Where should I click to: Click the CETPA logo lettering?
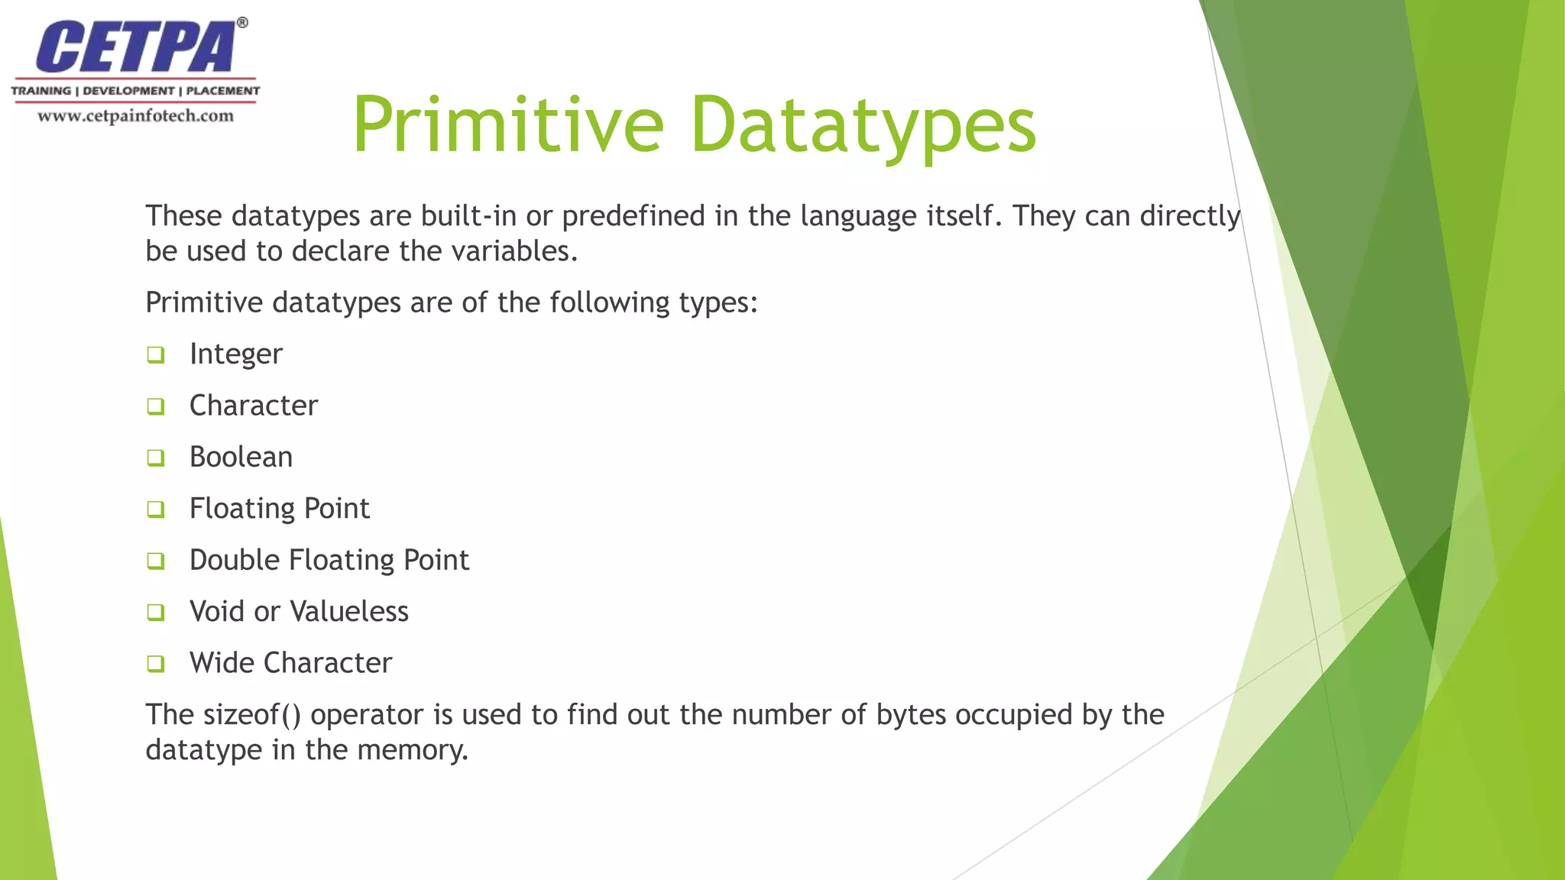(136, 47)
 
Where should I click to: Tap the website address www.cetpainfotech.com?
(136, 116)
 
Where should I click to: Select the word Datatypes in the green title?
(863, 125)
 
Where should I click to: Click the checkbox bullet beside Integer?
(156, 354)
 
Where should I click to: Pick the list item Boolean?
(241, 457)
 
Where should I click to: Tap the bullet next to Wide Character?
(156, 663)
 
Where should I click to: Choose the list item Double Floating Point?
(329, 560)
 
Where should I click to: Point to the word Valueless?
(349, 611)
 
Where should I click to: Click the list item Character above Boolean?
(253, 406)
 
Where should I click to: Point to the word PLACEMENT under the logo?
(222, 91)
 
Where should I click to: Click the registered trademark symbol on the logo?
(242, 23)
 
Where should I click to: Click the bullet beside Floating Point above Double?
(156, 509)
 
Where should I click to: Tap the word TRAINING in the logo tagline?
(41, 91)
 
